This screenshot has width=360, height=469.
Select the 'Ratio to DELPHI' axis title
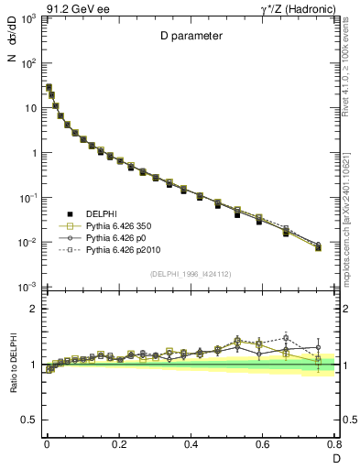(10, 364)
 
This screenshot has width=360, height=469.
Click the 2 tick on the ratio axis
(33, 310)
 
